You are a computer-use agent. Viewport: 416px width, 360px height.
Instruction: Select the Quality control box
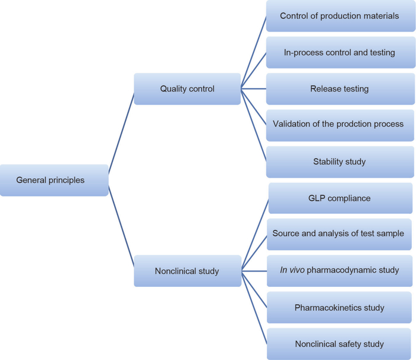click(187, 89)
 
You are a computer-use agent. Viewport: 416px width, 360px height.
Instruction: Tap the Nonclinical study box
click(187, 271)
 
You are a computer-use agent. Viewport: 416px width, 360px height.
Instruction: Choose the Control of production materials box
click(339, 16)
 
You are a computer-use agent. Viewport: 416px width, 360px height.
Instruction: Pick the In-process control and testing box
click(339, 53)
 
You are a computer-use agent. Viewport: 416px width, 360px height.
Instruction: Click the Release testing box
click(339, 89)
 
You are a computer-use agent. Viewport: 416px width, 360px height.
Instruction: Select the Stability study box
click(339, 162)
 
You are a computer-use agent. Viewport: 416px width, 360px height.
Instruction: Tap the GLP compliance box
click(340, 198)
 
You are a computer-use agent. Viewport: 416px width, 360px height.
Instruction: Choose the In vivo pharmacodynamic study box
click(339, 270)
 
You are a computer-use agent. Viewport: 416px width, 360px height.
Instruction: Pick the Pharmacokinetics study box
click(339, 308)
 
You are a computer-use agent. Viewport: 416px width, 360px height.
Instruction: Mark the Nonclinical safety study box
click(339, 344)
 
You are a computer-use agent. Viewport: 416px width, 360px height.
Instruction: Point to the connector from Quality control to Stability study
click(254, 125)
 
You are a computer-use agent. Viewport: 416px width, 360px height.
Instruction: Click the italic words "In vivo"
click(292, 270)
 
